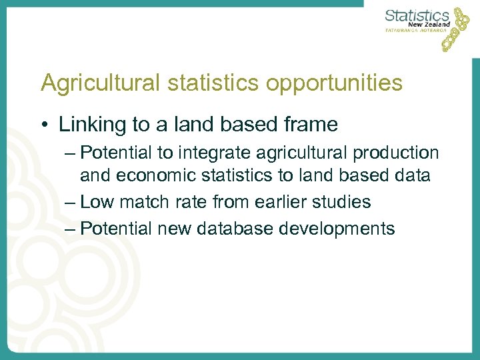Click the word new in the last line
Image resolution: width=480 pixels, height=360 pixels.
click(x=172, y=229)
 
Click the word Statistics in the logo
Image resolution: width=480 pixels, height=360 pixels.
click(x=417, y=15)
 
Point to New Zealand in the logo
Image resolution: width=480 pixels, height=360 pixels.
click(x=429, y=24)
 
